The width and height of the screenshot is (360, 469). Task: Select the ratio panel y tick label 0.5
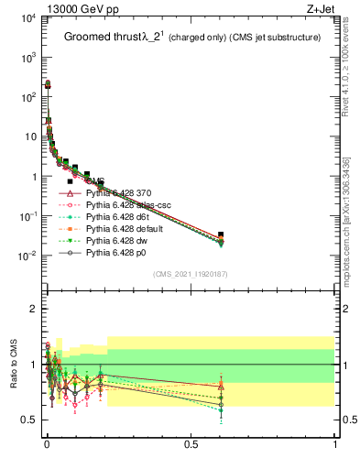tap(27, 420)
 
